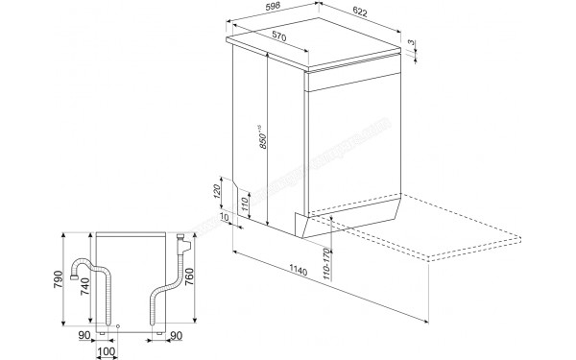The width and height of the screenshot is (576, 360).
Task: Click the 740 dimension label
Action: [87, 285]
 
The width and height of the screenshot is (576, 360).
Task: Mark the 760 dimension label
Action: [192, 279]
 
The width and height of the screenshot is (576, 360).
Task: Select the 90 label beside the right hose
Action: [175, 335]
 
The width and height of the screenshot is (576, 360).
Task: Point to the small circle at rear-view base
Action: [117, 326]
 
